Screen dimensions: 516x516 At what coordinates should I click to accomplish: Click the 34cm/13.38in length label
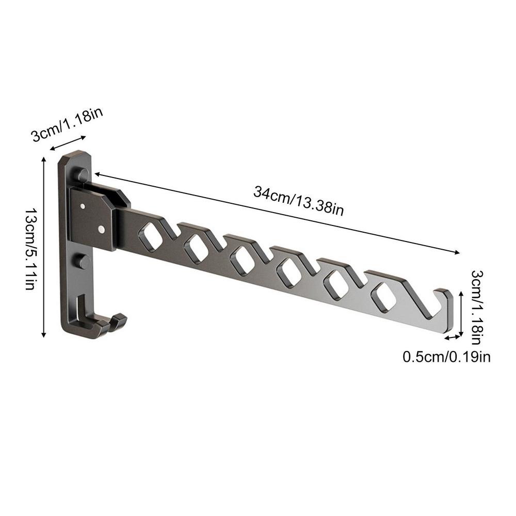(298, 200)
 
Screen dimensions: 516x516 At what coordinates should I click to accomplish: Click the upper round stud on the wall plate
(81, 174)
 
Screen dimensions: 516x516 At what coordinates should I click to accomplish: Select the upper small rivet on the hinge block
(83, 206)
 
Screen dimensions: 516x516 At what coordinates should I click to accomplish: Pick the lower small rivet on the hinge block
(101, 228)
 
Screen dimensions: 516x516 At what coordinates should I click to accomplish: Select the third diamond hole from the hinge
(244, 260)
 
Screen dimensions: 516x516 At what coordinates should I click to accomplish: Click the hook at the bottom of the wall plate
(111, 324)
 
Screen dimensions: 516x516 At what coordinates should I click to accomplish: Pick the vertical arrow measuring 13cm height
(44, 248)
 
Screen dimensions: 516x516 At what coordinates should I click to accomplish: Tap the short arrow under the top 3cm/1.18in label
(67, 143)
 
